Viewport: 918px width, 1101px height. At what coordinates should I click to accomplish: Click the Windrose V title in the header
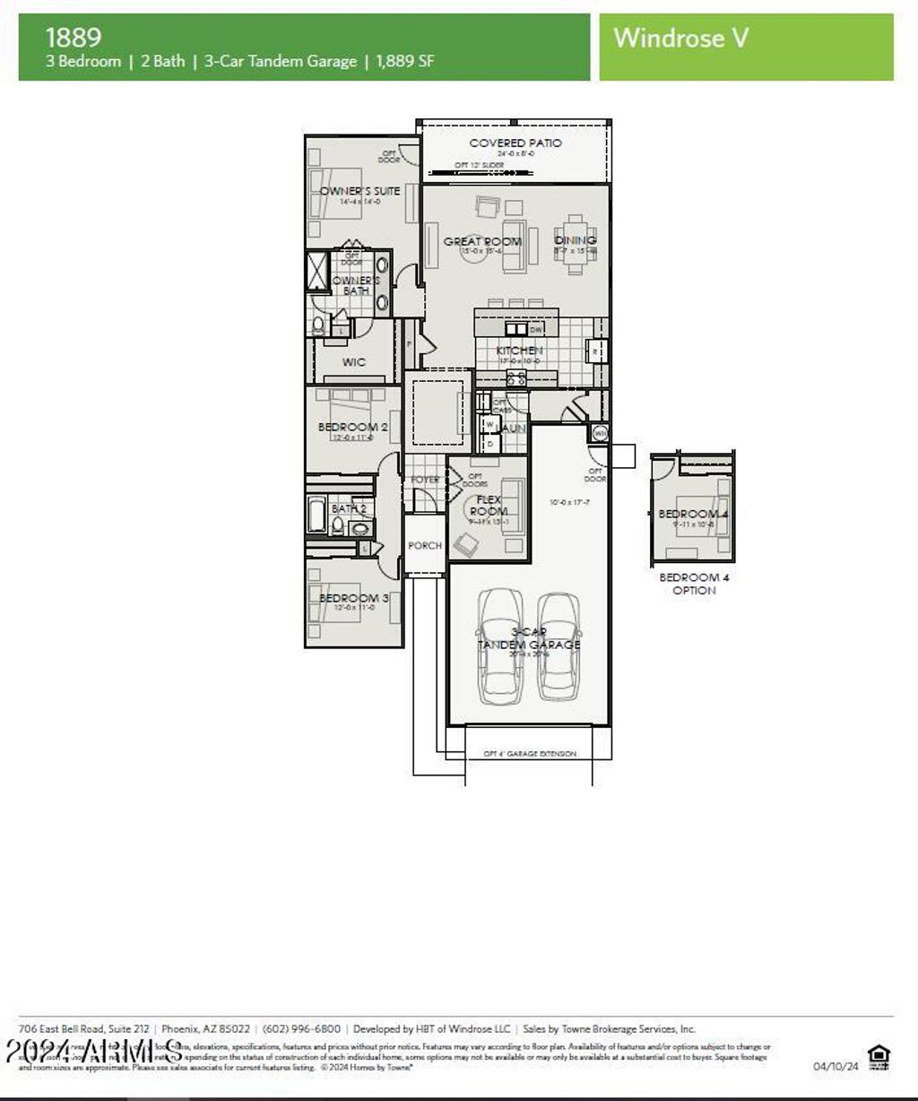coord(681,39)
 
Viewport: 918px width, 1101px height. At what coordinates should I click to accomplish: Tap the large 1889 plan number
coord(74,37)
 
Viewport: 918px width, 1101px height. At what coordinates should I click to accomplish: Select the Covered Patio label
coord(515,143)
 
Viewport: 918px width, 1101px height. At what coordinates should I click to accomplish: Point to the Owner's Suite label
coord(360,191)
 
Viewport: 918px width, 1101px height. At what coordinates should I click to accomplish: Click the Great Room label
coord(482,241)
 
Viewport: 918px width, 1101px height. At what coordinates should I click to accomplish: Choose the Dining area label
coord(576,240)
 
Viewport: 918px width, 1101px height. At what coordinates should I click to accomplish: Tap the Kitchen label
coord(519,351)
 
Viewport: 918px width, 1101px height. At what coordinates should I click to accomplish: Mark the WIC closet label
coord(354,363)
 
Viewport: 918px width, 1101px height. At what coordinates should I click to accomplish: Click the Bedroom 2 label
coord(352,428)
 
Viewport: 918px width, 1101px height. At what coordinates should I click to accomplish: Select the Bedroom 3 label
coord(353,598)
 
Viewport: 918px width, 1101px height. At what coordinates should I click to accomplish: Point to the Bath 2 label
coord(349,509)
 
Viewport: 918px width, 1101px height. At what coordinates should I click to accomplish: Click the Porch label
coord(425,545)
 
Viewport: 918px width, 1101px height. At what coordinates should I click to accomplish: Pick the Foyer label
coord(425,481)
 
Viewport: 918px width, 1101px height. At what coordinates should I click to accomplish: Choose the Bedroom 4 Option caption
coord(694,584)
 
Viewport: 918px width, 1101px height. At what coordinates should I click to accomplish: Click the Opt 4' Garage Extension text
coord(530,754)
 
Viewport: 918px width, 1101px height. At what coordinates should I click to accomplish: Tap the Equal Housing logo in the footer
coord(879,1058)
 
